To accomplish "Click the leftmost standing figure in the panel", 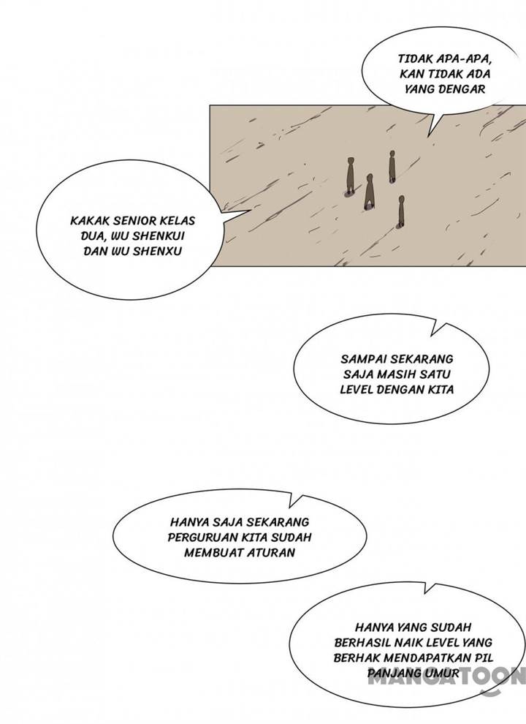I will pyautogui.click(x=351, y=176).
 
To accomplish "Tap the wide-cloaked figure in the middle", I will pyautogui.click(x=370, y=192).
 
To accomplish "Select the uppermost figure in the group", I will pyautogui.click(x=392, y=166).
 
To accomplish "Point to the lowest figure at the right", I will pyautogui.click(x=400, y=212).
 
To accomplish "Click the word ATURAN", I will pyautogui.click(x=270, y=553).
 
